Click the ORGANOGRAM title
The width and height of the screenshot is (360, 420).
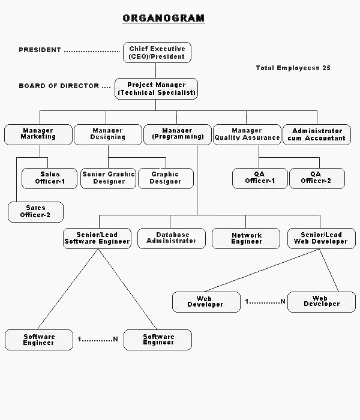pos(164,18)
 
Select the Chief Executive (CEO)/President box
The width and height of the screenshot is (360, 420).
pos(157,52)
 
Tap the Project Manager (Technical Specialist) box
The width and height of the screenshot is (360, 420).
pos(157,89)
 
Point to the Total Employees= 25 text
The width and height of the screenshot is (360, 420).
pos(293,68)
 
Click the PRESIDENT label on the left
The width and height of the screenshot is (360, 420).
pos(40,50)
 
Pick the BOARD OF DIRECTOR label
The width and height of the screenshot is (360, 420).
pos(59,86)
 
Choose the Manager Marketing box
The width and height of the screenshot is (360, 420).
pos(38,134)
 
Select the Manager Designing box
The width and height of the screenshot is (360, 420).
pos(107,134)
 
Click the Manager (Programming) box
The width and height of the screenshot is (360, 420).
pos(178,134)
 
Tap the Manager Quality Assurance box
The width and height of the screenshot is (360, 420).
pos(247,134)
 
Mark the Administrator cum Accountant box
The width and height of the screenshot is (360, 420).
pos(317,134)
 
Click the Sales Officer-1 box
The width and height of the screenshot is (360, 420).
pos(50,178)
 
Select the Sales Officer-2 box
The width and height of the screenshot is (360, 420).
pos(35,211)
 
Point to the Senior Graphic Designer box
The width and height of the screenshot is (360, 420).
pos(108,178)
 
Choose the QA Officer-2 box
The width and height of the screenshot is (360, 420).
pos(316,178)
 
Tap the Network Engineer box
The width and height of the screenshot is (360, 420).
pos(246,238)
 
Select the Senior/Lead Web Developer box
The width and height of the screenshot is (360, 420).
pos(320,238)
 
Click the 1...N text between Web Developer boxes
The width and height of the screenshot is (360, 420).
pos(265,301)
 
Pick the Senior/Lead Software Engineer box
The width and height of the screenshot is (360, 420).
pos(97,238)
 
